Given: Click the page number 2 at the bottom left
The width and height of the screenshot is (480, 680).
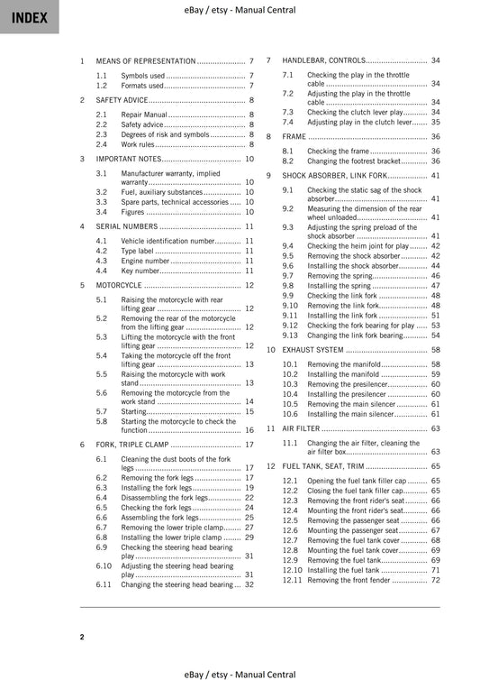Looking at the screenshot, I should pyautogui.click(x=82, y=637).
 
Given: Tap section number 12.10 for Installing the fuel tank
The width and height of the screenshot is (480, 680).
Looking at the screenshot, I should pyautogui.click(x=292, y=570).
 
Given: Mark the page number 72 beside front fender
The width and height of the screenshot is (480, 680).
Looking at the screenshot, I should pyautogui.click(x=435, y=580).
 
